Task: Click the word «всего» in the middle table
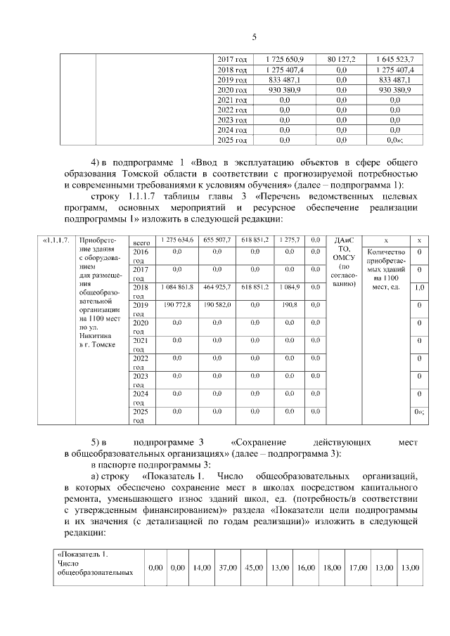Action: pos(141,242)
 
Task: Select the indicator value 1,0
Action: pos(420,287)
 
